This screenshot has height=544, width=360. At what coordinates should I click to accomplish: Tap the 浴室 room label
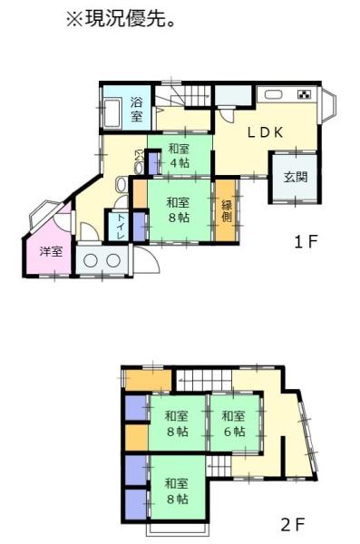point(136,109)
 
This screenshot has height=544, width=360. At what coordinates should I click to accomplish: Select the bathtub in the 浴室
point(112,113)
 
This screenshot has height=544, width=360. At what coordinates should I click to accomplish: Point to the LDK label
point(267,132)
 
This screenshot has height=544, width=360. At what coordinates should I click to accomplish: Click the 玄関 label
point(295,177)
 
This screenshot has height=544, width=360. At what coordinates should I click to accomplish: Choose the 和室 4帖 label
point(178,155)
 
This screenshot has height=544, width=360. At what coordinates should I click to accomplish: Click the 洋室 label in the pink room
point(51,251)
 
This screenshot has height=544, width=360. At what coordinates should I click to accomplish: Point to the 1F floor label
point(305,242)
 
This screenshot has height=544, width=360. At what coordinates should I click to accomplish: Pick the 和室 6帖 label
point(233,423)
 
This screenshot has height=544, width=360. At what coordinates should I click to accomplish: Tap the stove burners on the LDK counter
point(303,93)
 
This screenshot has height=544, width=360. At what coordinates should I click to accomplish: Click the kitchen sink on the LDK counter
point(272,94)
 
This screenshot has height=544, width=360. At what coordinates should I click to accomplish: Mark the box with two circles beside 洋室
point(102,261)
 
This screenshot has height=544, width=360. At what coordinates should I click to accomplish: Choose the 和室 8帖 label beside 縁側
point(178,210)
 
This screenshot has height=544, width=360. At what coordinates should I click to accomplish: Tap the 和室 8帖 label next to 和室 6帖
point(177,423)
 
